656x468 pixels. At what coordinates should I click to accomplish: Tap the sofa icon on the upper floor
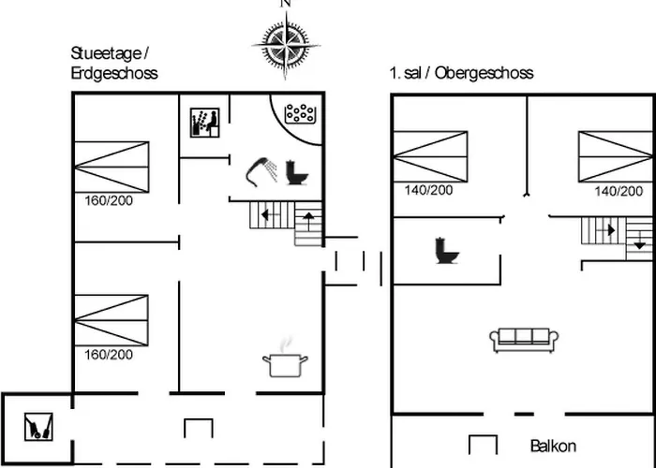(x=524, y=339)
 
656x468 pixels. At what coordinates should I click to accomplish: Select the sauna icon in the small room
(x=203, y=122)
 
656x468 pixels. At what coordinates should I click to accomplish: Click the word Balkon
(x=553, y=446)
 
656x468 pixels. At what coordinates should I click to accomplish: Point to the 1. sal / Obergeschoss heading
(x=461, y=73)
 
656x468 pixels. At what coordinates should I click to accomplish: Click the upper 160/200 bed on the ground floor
(x=112, y=167)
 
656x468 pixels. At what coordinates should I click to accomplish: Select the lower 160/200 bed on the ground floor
(x=112, y=320)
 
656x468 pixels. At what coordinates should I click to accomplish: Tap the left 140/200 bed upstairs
(x=430, y=155)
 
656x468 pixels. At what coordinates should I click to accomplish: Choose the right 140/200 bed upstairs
(x=614, y=155)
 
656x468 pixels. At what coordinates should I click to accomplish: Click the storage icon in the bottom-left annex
(x=37, y=426)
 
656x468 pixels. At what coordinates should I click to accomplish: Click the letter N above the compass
(x=286, y=4)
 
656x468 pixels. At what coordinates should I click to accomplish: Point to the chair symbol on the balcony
(x=482, y=444)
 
